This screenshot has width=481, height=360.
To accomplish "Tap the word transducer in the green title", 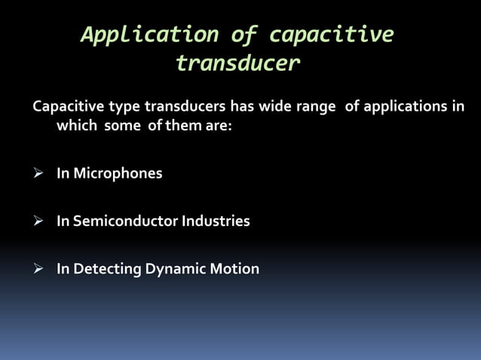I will (x=237, y=64).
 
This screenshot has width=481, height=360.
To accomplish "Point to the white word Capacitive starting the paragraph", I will (x=65, y=106).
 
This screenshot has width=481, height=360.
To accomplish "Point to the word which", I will (x=77, y=126).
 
